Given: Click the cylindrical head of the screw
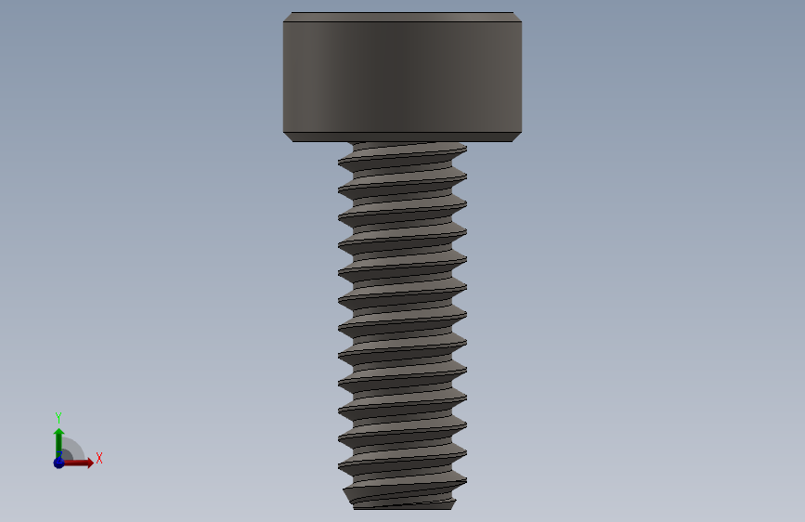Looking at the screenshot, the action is [x=403, y=77].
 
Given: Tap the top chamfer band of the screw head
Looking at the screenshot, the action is [x=403, y=17].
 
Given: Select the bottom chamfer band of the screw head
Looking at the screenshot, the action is [x=403, y=137].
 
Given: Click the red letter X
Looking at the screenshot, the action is [x=99, y=458].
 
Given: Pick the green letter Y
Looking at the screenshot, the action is [x=58, y=417].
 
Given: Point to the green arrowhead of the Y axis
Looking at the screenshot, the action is [x=59, y=432].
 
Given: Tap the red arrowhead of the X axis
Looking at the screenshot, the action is [x=90, y=463].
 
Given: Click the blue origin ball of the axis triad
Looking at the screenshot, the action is [x=59, y=463].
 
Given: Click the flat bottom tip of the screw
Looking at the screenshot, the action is [x=403, y=508].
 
